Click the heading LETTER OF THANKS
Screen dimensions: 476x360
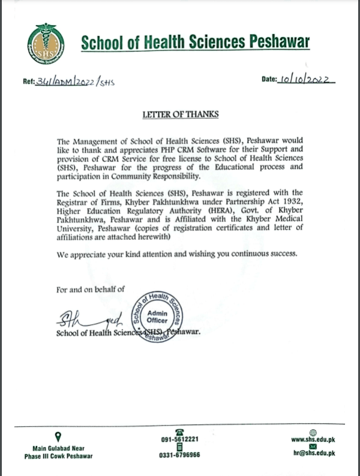180,113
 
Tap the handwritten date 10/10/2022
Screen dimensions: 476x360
307,80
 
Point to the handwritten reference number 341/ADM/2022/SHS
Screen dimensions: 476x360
76,83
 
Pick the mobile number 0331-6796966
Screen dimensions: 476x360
179,455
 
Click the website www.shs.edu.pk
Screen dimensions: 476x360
312,439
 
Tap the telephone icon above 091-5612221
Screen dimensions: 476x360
179,431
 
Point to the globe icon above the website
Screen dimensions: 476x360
312,432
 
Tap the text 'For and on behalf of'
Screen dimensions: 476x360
90,290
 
